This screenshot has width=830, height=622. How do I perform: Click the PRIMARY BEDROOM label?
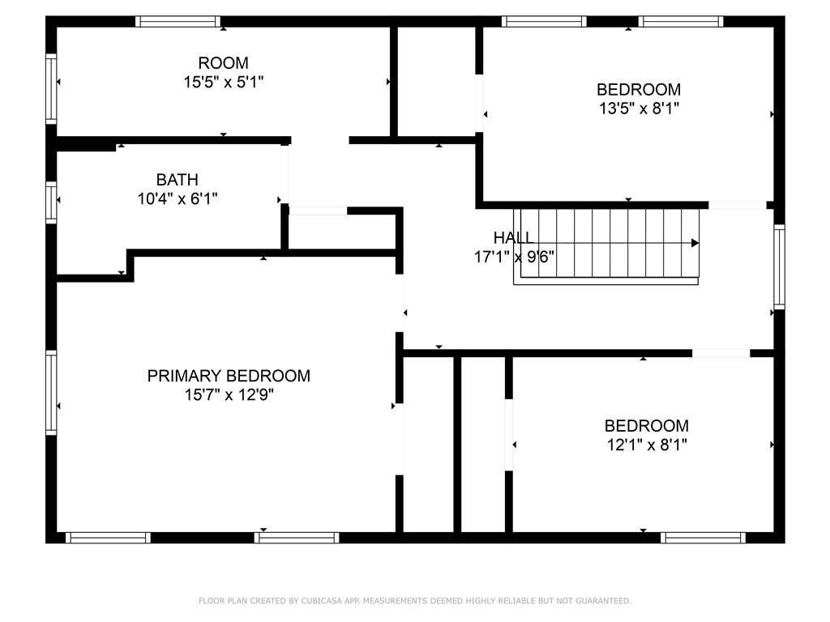point(229,376)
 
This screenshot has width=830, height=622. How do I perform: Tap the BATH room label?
point(178,180)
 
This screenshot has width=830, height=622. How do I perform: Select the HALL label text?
point(513,237)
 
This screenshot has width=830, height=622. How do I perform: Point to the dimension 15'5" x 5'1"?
point(224,83)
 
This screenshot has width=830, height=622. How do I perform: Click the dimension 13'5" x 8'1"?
point(639,109)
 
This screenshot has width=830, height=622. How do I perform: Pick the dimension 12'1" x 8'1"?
point(647,445)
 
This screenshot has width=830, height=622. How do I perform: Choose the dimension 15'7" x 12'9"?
point(229,395)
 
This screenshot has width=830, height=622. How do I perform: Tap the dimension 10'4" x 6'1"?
point(178,199)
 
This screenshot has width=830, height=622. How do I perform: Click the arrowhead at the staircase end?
point(695,243)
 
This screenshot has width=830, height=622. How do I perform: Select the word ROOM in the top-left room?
point(224,63)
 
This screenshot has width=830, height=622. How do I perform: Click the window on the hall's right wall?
point(779,266)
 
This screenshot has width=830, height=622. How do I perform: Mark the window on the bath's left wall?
point(51,202)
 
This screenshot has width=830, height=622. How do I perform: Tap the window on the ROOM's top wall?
point(178,22)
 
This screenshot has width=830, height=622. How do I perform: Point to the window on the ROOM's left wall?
point(51,88)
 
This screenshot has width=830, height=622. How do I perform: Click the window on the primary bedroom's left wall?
point(51,393)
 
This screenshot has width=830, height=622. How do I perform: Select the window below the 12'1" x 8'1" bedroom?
point(703,538)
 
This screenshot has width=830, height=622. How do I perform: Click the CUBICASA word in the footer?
point(322,601)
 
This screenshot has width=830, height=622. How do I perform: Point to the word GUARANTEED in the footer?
point(603,601)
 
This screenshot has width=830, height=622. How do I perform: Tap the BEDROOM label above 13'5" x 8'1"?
point(639,89)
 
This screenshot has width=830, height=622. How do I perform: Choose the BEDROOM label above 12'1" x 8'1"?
point(647,426)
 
